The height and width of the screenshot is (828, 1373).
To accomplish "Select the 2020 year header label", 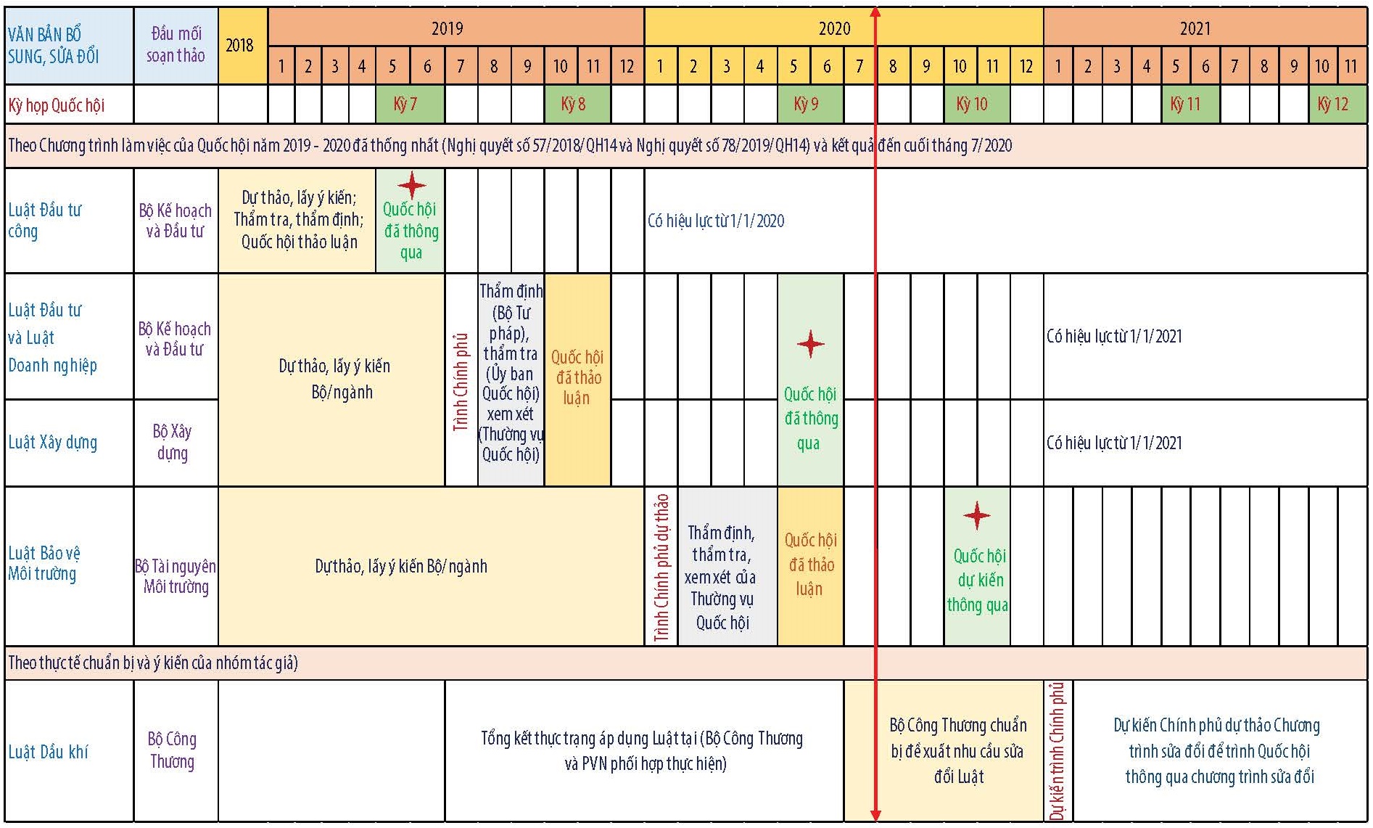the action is click(834, 28).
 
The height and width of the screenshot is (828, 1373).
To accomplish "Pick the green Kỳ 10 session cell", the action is click(976, 104).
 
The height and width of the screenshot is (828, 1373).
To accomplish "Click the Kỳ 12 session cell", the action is click(1337, 104).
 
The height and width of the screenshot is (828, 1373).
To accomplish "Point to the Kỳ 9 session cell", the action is click(810, 104).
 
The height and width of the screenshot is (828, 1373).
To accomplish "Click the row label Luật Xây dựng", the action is click(52, 443).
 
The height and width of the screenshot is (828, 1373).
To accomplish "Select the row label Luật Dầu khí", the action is click(48, 752).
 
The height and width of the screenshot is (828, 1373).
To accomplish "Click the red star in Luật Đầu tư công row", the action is click(411, 185).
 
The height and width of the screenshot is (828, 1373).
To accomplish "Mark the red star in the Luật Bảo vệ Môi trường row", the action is click(977, 515).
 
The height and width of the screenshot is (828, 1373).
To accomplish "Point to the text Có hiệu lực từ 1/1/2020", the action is click(716, 221).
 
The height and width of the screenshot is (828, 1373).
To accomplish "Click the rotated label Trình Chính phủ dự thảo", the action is click(661, 567).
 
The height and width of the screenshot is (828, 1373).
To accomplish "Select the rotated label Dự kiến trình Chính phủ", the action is click(1057, 751).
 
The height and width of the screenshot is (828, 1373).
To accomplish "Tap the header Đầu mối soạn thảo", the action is click(176, 44).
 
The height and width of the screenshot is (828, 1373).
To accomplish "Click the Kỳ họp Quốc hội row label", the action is click(56, 105).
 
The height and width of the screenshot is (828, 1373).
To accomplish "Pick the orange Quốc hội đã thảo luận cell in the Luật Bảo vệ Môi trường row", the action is click(810, 566).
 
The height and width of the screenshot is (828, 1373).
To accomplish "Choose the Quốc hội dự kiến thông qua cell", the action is click(977, 566).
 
